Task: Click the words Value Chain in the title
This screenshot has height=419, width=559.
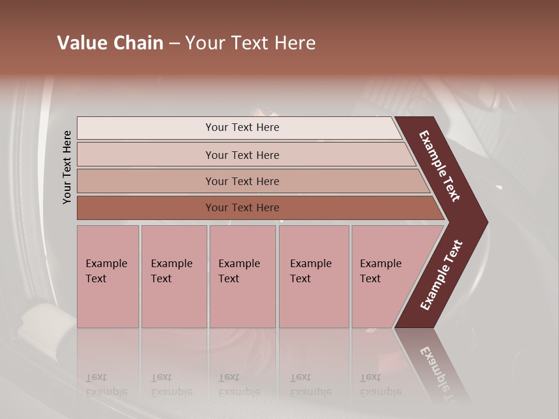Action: pos(110,43)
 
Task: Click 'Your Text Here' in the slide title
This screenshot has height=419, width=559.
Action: pos(250,43)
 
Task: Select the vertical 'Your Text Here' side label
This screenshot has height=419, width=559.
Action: pos(67,168)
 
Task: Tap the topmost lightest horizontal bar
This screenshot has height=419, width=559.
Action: pos(242,127)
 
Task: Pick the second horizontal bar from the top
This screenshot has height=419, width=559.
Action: pos(242,155)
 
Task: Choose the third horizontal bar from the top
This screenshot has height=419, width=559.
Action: pos(242,181)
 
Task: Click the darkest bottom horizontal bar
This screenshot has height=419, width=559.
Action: pos(242,208)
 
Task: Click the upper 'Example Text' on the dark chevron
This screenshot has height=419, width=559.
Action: pos(440,166)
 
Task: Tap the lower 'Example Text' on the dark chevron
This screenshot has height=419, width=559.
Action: pos(441,275)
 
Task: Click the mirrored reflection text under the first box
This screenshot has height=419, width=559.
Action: pos(106,385)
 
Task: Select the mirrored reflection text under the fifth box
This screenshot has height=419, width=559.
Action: pos(380,385)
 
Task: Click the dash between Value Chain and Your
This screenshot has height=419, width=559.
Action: pos(174,44)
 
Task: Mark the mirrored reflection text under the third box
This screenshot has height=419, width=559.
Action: pos(239,385)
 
